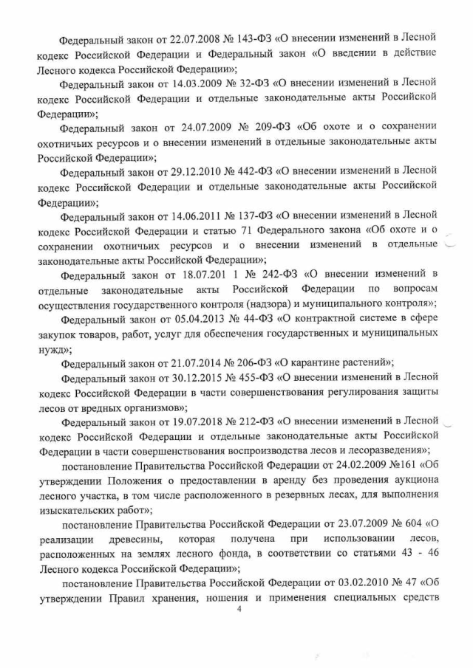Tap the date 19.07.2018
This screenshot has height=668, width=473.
pos(180,422)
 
